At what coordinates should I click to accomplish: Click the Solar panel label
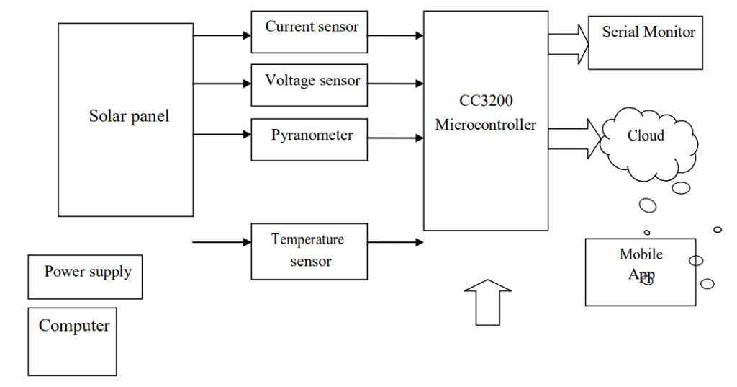(129, 116)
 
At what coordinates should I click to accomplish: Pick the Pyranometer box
(309, 139)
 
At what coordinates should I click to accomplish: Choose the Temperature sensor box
(309, 251)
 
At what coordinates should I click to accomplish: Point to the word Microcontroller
(486, 125)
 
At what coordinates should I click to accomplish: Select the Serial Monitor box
(645, 42)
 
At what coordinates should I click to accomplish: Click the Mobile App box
(640, 272)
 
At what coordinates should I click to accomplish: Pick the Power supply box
(85, 277)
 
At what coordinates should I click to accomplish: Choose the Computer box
(72, 342)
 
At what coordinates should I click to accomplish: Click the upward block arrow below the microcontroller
(488, 301)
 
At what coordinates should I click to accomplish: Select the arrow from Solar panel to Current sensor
(222, 35)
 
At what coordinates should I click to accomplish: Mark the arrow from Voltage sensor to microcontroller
(395, 84)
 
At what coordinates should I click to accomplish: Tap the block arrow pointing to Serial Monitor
(569, 43)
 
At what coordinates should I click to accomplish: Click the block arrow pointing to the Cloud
(574, 139)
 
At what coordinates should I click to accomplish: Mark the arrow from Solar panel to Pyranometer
(222, 133)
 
